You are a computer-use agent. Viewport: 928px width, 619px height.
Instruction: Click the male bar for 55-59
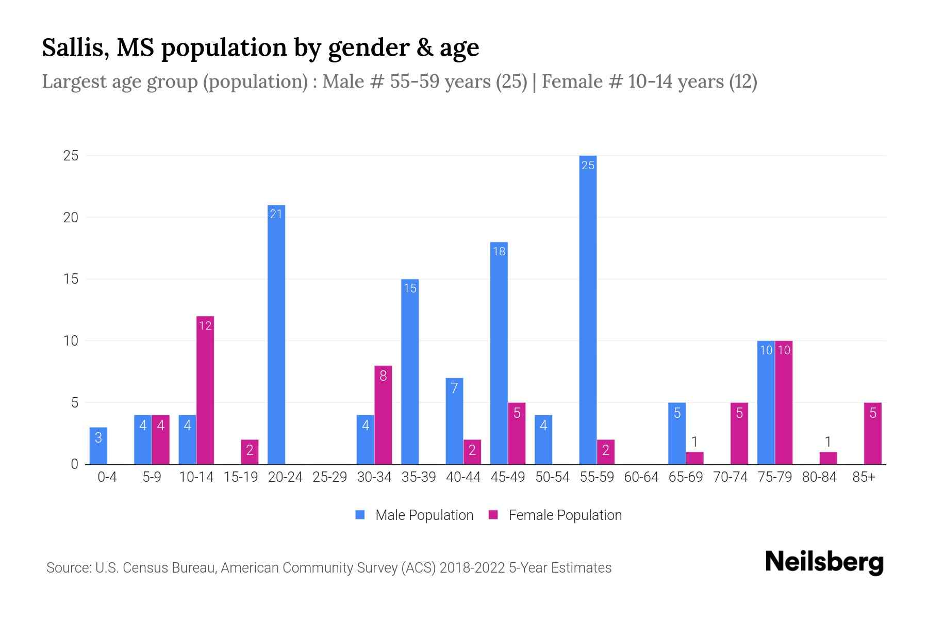tap(588, 309)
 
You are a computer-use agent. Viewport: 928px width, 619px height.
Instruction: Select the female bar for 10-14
tap(205, 390)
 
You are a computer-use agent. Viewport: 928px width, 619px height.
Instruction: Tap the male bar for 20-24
tap(276, 335)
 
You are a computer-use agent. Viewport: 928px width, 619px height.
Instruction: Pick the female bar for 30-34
tap(383, 415)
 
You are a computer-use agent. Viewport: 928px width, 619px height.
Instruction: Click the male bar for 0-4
tap(98, 446)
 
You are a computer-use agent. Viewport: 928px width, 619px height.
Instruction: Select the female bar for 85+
tap(873, 433)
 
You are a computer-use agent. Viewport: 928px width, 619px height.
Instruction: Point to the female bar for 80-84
tap(828, 458)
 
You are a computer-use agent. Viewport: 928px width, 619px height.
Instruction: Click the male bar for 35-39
tap(410, 371)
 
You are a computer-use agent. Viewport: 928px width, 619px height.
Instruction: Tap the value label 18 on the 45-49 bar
tap(499, 251)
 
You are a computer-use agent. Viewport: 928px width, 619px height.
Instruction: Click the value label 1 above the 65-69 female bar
tap(694, 442)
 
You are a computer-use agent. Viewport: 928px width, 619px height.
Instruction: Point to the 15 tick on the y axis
tap(71, 279)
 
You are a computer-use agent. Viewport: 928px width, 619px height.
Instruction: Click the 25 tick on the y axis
tap(71, 156)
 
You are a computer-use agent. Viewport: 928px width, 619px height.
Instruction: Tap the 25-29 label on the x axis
tap(330, 477)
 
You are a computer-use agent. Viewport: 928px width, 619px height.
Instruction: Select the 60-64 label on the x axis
tap(641, 477)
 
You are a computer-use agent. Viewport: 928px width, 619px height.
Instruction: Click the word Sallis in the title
tap(75, 47)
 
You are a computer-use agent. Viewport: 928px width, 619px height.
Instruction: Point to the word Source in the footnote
tap(68, 568)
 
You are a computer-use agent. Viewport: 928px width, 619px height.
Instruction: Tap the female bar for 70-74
tap(739, 433)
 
